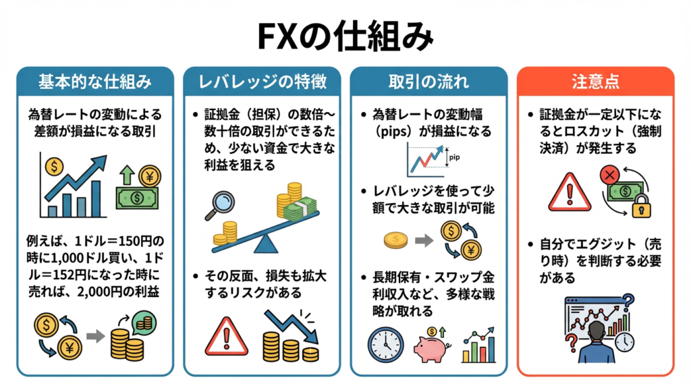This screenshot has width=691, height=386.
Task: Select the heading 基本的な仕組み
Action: (94, 82)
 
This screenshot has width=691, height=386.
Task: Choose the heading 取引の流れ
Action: (429, 82)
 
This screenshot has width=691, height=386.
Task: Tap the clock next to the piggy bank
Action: (385, 345)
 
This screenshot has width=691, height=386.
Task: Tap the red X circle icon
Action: (610, 177)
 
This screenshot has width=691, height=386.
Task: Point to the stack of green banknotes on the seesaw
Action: (300, 210)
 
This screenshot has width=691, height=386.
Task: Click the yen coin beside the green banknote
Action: (149, 176)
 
